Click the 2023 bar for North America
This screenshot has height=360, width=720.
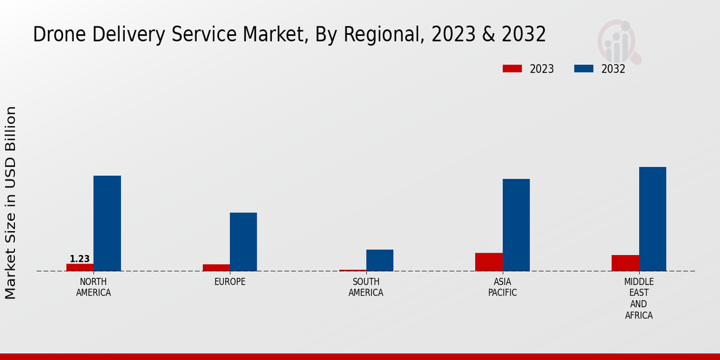(80, 268)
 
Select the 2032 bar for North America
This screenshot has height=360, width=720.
(107, 223)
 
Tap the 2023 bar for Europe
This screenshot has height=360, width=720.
(216, 268)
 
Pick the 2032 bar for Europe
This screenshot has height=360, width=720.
(244, 242)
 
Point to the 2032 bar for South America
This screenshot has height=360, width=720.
(380, 260)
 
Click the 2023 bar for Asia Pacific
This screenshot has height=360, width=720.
(489, 262)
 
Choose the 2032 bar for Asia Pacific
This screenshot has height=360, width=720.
(516, 225)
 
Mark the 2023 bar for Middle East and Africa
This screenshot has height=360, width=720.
(625, 263)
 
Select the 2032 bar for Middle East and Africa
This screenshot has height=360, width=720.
(652, 219)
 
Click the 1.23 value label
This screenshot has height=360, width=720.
(80, 259)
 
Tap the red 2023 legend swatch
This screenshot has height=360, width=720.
(512, 69)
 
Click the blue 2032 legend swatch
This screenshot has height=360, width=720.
(583, 69)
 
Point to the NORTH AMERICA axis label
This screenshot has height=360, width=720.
(94, 287)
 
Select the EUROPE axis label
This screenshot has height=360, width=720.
(230, 282)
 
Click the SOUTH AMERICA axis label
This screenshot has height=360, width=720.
(366, 287)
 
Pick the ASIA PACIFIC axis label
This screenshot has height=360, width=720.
(502, 287)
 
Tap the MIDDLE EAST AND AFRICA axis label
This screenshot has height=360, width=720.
(638, 298)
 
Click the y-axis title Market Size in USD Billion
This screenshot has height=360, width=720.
(11, 203)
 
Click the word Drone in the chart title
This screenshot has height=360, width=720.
(55, 35)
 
